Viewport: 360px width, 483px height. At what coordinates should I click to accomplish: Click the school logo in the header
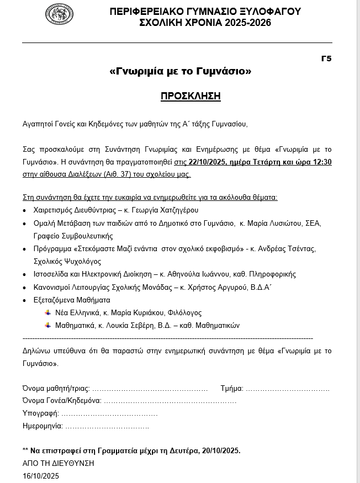point(59,14)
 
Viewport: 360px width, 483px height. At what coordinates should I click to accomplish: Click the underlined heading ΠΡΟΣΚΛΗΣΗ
point(190,96)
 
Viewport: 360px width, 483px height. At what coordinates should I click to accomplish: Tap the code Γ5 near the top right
point(326,59)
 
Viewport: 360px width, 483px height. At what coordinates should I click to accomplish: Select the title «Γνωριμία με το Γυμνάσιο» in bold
point(181,71)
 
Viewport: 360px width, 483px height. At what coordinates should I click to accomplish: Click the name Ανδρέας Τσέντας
point(291,249)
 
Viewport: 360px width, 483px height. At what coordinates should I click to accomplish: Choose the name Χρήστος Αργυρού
point(211,287)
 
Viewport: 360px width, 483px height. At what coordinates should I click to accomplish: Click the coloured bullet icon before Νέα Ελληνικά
point(47,312)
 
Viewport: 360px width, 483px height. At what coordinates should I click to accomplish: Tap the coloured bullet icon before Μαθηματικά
point(47,325)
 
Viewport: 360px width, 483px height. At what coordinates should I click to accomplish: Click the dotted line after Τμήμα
point(287,389)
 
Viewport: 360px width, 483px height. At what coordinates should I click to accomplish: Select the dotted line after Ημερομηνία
point(107,426)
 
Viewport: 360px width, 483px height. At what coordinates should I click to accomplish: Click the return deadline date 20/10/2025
point(220,451)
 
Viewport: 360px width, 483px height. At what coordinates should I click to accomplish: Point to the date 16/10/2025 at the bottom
point(40,476)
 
